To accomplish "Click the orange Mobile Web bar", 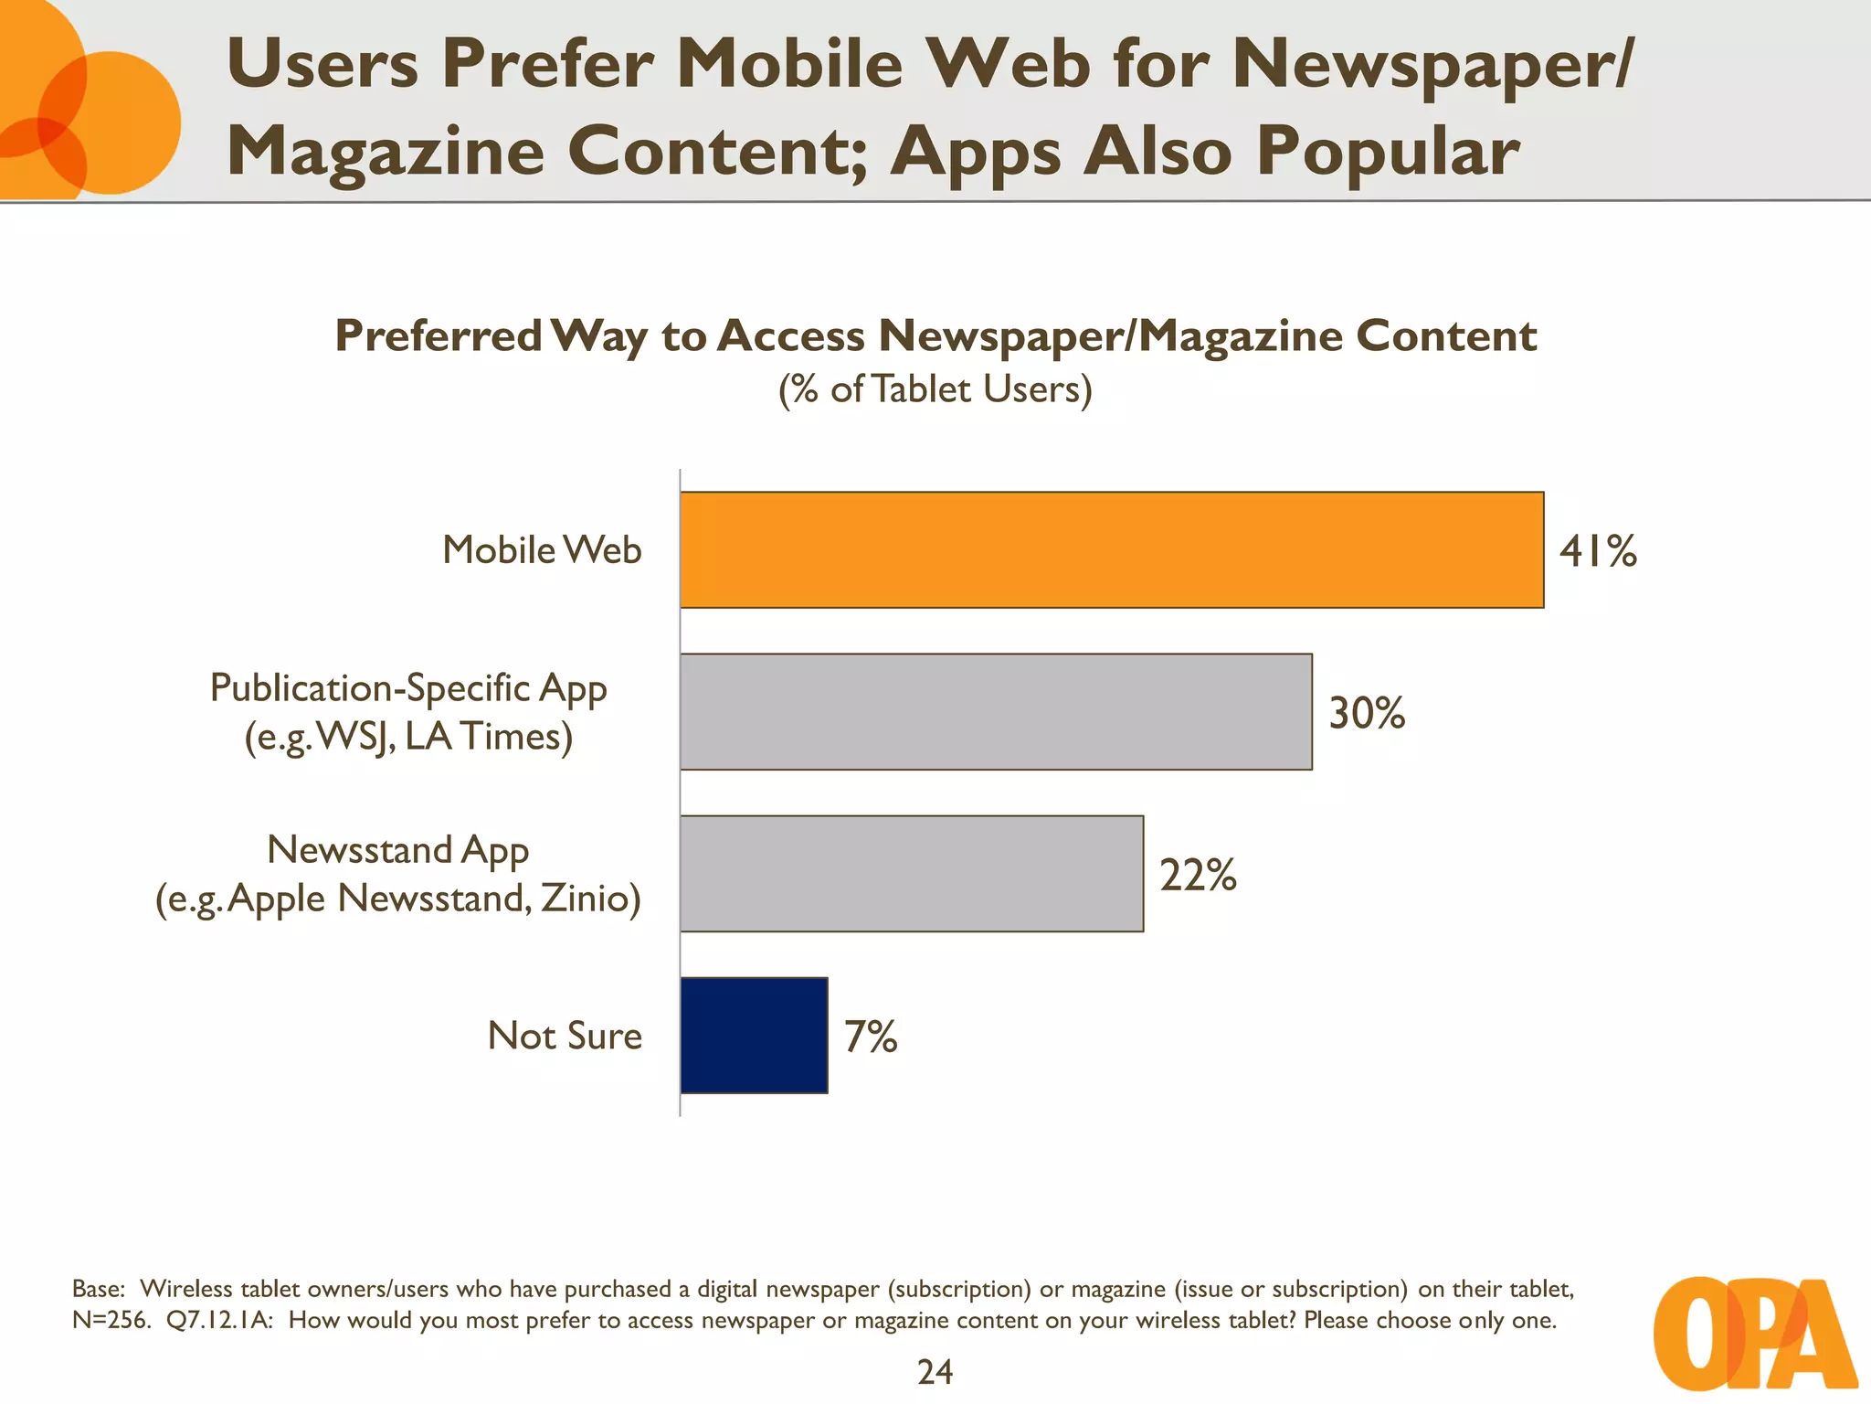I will pos(1111,549).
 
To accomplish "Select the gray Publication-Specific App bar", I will pos(996,711).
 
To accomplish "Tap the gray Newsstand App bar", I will pos(911,873).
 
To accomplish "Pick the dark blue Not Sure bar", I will pos(754,1035).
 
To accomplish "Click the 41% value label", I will pos(1597,551).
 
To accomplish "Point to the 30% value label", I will pos(1366,713).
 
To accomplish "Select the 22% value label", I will pos(1197,875).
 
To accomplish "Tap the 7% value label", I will pos(870,1037).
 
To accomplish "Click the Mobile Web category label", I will pos(542,550).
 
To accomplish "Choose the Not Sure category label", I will pos(565,1036).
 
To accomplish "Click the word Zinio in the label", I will pos(590,898).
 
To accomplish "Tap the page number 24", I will pos(935,1372).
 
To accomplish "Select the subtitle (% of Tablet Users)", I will pos(935,390).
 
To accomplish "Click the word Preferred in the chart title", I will pos(439,335).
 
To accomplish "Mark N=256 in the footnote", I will pos(110,1321).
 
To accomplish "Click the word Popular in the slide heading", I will pos(1387,151).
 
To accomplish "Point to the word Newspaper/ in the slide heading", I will pos(1431,66).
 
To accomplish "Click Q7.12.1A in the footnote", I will pos(219,1321).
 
